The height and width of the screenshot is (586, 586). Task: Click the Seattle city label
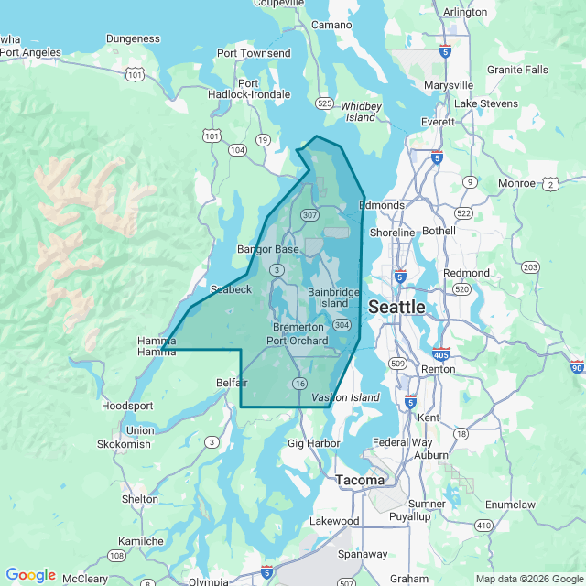[x=396, y=307]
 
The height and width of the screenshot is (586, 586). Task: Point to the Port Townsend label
[x=254, y=54]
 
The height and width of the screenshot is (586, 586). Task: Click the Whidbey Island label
[x=361, y=112]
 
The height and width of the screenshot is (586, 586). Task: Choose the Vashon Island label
[x=345, y=397]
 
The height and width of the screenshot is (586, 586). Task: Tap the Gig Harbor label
[x=314, y=443]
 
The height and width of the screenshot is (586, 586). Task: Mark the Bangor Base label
[x=268, y=249]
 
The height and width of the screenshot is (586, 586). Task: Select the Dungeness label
[x=133, y=38]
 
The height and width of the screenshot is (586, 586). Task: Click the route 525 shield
[x=324, y=103]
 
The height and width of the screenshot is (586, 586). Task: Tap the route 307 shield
[x=309, y=215]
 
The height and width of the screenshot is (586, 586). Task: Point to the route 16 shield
[x=299, y=383]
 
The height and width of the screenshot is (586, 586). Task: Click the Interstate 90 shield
[x=576, y=366]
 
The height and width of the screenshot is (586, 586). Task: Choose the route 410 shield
[x=483, y=526]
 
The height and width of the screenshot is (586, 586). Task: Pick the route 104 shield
[x=237, y=149]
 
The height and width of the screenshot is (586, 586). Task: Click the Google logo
[x=30, y=575]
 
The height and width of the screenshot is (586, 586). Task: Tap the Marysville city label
[x=449, y=85]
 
